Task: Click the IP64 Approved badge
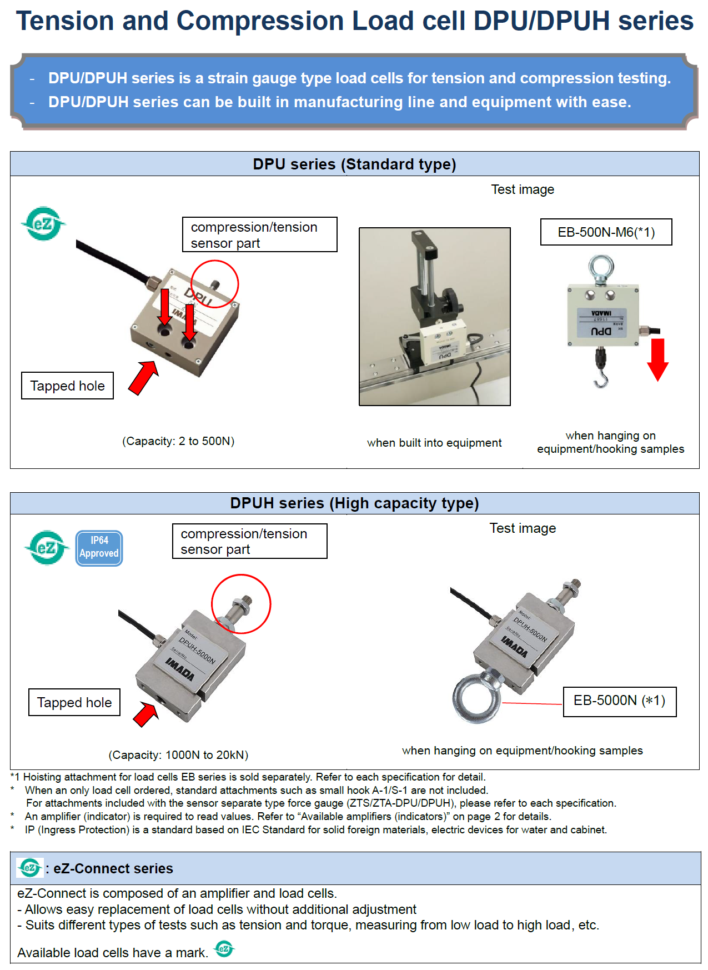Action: pos(99,548)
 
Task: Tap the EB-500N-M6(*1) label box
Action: pos(606,232)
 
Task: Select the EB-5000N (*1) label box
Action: pos(619,701)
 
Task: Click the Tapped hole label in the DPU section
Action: pos(67,386)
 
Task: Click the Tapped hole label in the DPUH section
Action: pos(74,702)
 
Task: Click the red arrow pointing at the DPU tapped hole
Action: pos(143,378)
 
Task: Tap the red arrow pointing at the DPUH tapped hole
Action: pos(146,714)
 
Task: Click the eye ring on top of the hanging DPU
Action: pos(601,268)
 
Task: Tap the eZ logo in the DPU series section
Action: pos(43,224)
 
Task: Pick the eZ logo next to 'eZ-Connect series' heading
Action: pos(29,868)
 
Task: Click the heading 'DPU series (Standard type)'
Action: pos(354,164)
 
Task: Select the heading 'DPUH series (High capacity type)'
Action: pos(354,503)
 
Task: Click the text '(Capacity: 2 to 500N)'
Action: pos(178,441)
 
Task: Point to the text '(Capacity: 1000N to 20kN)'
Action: pos(178,755)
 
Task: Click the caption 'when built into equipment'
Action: pos(434,443)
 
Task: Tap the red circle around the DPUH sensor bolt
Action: pos(241,604)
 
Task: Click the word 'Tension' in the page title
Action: pos(64,21)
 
